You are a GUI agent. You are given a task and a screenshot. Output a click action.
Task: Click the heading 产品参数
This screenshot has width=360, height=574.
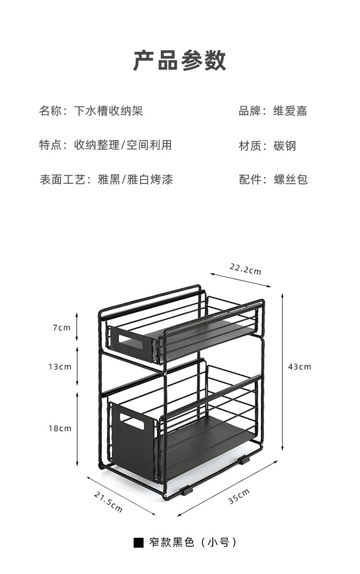pos(180,61)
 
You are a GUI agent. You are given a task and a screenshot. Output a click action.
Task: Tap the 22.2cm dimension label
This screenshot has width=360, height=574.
pos(245,269)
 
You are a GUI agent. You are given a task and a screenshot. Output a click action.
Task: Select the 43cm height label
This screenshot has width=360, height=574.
pos(299,367)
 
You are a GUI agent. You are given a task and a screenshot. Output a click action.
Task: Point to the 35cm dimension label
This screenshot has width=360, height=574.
pos(239,496)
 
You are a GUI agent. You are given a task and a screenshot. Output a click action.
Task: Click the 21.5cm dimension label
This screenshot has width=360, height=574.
pos(108,501)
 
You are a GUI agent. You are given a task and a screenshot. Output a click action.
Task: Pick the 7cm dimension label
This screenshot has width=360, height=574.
pos(61,328)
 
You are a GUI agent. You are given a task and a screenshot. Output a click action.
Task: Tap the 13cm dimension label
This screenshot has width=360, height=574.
pos(60,367)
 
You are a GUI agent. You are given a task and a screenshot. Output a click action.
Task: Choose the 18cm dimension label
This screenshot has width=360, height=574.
pos(60,428)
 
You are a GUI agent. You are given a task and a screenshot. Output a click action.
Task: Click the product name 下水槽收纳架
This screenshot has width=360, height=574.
pos(108,111)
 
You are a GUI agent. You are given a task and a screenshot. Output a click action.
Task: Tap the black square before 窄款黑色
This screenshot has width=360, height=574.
pos(138,543)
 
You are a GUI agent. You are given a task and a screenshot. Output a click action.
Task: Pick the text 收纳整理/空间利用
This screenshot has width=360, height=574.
pos(123,145)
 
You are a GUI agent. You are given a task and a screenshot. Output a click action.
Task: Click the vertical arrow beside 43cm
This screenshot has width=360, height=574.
pos(282,367)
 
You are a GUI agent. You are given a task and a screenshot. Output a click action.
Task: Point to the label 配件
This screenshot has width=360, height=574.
pos(250,180)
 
